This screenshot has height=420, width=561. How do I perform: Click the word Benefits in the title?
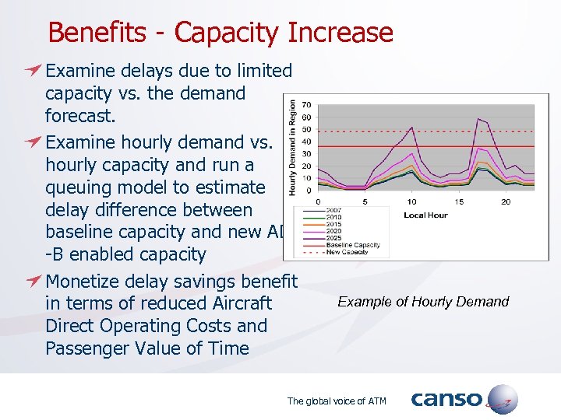[96, 33]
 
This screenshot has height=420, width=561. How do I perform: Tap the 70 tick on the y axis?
[307, 104]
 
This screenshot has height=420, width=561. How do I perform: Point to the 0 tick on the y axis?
[309, 190]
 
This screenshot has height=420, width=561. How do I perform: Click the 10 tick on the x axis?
[411, 202]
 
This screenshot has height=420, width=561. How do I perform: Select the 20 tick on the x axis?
[506, 202]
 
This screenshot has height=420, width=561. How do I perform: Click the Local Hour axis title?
[425, 215]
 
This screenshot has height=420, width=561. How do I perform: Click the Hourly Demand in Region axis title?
[293, 147]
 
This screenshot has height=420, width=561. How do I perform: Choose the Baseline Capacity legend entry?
[353, 245]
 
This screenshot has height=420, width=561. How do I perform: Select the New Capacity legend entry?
[348, 252]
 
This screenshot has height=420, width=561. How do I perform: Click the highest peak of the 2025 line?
[478, 119]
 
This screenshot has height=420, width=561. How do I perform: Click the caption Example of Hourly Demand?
[423, 302]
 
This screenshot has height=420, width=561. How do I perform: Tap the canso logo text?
[446, 400]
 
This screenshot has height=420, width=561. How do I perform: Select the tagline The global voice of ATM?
[337, 401]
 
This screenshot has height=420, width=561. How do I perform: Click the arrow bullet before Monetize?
[32, 282]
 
